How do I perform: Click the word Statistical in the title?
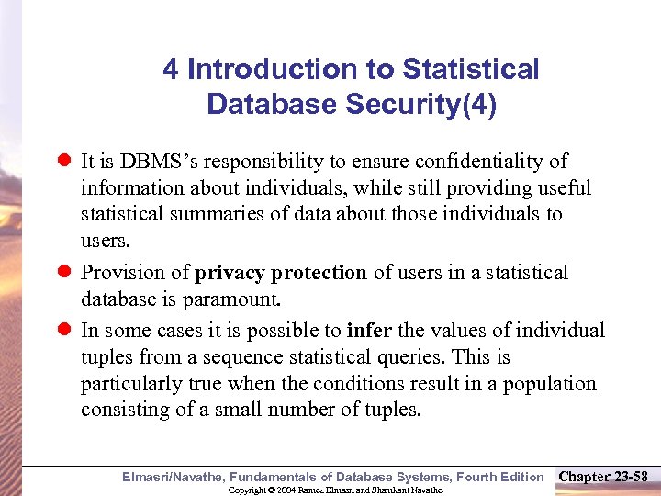[x=471, y=69]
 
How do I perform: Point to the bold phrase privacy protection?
[x=281, y=273]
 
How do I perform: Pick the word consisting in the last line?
[x=120, y=411]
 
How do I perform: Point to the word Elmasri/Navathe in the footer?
[x=174, y=476]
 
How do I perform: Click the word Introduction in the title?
[x=260, y=69]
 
